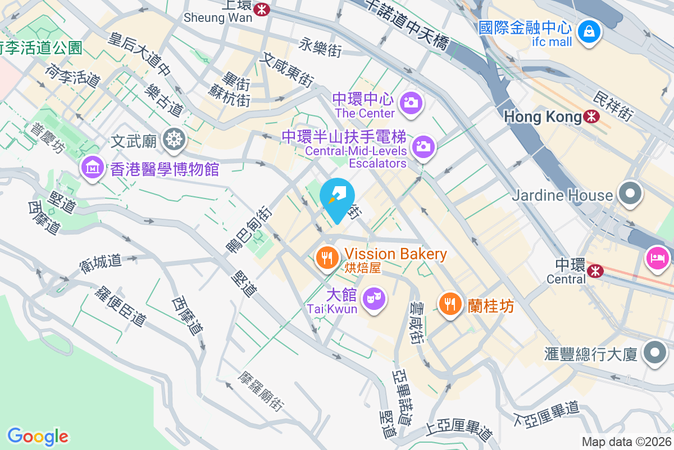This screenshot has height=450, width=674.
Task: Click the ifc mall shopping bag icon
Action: [588, 31]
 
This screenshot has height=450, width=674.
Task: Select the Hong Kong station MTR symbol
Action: [591, 116]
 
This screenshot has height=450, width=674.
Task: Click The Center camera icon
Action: [411, 102]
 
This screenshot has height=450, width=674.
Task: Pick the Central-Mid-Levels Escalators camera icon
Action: [423, 147]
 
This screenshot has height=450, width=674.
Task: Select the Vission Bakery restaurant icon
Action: [327, 258]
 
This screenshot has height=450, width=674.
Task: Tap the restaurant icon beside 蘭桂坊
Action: [449, 304]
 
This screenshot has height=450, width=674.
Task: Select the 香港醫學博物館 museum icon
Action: [93, 167]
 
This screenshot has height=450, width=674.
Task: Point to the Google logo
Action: [38, 436]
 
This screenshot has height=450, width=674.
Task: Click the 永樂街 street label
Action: [320, 47]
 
